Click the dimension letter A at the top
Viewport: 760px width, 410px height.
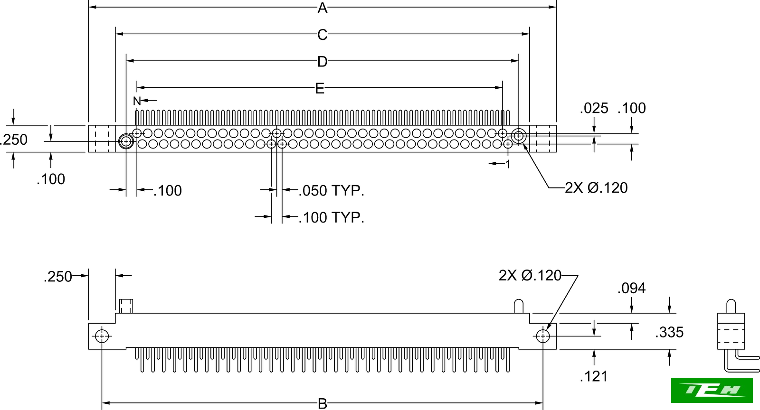pos(323,8)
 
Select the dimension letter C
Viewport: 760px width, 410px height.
pos(323,35)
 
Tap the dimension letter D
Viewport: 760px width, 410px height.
pos(323,62)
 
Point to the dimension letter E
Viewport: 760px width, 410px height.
pos(320,88)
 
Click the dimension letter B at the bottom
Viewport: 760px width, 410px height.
pos(323,404)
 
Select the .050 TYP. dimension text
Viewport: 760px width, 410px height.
pos(332,191)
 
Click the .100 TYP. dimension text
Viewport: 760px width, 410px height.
pos(332,218)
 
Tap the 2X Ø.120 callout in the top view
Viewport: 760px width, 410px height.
pos(596,188)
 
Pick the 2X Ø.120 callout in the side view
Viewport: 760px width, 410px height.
pos(530,276)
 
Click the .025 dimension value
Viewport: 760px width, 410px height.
pos(594,109)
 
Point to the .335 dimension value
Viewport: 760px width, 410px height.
pos(669,333)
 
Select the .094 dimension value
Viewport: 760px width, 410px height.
pos(631,289)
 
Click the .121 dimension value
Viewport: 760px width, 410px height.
pos(594,377)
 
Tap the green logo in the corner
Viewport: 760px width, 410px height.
pos(712,390)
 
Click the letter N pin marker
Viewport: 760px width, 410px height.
pos(137,101)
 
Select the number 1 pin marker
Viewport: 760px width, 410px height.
pos(508,164)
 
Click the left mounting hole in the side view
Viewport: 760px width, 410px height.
pos(102,336)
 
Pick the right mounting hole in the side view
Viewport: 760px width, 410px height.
pos(542,336)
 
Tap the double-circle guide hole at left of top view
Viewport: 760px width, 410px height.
pos(126,141)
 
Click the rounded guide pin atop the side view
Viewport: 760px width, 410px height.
pos(519,306)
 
